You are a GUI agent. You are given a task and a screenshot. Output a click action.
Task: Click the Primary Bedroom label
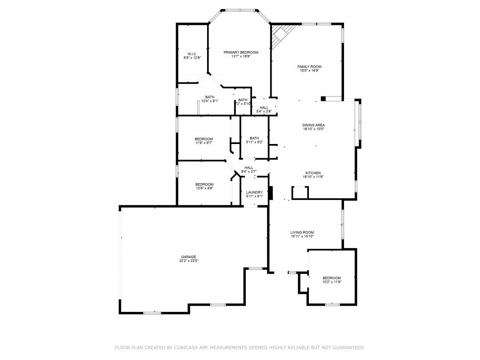(x=241, y=52)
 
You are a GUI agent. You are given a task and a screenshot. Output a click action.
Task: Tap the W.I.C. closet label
(x=192, y=54)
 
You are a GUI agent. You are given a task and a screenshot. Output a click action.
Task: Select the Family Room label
(x=309, y=67)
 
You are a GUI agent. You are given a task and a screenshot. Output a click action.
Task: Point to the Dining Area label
(x=313, y=125)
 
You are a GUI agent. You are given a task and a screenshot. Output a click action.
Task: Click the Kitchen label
(x=313, y=173)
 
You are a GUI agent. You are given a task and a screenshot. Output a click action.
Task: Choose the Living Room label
(x=302, y=232)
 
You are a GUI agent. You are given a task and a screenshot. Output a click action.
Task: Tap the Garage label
(x=188, y=257)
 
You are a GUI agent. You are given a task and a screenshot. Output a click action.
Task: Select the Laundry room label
(x=255, y=192)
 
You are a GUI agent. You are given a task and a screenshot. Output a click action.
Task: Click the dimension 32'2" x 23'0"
(x=188, y=261)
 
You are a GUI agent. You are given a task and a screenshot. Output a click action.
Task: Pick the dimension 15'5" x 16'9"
(x=309, y=71)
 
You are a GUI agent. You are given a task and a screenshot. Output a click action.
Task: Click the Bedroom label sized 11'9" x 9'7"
(x=204, y=139)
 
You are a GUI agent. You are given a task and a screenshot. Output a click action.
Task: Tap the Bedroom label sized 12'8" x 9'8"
(x=204, y=184)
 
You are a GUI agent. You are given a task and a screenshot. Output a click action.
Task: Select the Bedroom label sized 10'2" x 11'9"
(x=332, y=278)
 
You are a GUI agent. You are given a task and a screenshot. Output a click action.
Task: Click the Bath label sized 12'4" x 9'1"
(x=210, y=97)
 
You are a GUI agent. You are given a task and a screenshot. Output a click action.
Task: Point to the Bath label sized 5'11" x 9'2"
(x=254, y=138)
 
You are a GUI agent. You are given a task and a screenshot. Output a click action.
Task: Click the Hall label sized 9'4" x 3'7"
(x=249, y=168)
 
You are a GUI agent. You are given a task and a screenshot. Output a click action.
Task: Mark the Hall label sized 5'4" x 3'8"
(x=264, y=108)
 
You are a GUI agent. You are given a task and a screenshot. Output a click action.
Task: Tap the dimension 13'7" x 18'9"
(x=241, y=56)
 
